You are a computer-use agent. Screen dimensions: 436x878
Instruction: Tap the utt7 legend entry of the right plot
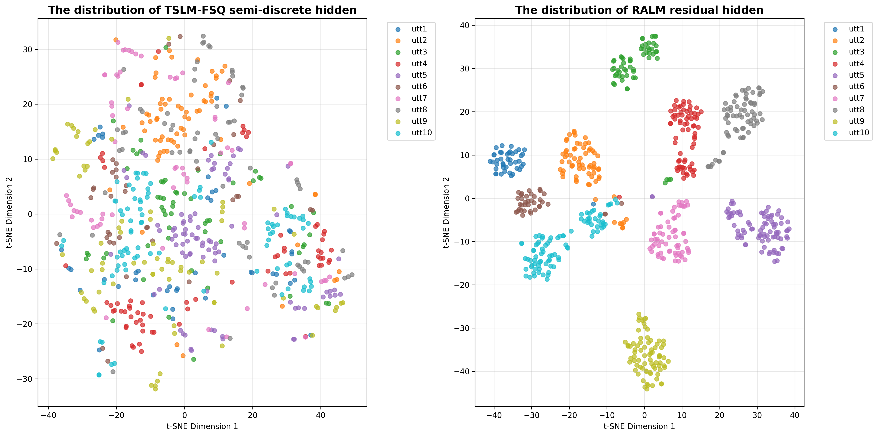[x=856, y=98]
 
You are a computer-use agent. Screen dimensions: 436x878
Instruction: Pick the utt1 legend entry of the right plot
[x=856, y=29]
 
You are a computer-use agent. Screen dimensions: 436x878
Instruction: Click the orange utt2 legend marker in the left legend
[x=398, y=41]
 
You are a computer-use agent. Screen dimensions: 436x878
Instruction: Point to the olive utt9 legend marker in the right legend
[x=835, y=121]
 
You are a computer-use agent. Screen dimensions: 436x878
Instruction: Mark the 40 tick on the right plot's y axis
[x=465, y=25]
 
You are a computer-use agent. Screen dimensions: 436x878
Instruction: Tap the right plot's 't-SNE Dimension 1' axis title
[x=639, y=426]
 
